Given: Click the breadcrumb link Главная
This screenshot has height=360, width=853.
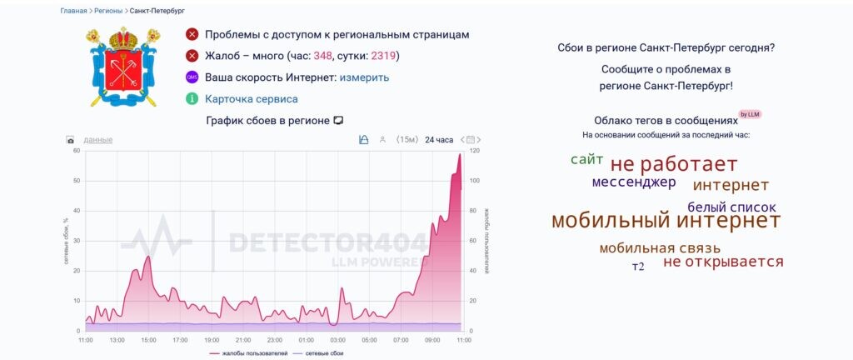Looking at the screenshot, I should [x=73, y=11].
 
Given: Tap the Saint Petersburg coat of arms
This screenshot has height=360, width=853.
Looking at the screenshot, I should [x=123, y=67].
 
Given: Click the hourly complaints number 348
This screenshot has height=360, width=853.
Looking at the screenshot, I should [x=322, y=56].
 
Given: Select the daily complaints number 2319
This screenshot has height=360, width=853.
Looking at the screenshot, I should [x=382, y=56].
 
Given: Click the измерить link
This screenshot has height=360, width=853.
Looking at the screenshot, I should [x=364, y=77].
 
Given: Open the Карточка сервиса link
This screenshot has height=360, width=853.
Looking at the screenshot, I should [x=251, y=99].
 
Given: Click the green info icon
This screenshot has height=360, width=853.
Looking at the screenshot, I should [x=192, y=99].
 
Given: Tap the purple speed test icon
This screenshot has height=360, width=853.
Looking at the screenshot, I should [x=192, y=77].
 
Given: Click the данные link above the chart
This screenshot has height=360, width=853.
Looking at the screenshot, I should [x=98, y=139].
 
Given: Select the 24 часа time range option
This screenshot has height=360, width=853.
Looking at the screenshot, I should [x=439, y=139].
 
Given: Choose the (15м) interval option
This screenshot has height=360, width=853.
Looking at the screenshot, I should [x=407, y=139].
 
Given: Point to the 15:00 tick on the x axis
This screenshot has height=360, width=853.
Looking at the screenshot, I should [x=149, y=340].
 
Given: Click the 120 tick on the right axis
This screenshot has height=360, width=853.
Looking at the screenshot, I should [x=475, y=151].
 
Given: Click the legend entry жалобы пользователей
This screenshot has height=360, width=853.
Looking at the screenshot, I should [x=248, y=353].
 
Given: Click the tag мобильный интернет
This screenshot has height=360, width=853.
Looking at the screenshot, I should [x=666, y=221].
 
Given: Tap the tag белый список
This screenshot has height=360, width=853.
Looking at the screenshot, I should [x=731, y=207].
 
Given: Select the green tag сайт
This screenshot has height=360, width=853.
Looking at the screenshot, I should [x=586, y=159].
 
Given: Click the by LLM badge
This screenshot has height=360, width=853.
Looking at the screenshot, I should [x=750, y=114].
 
